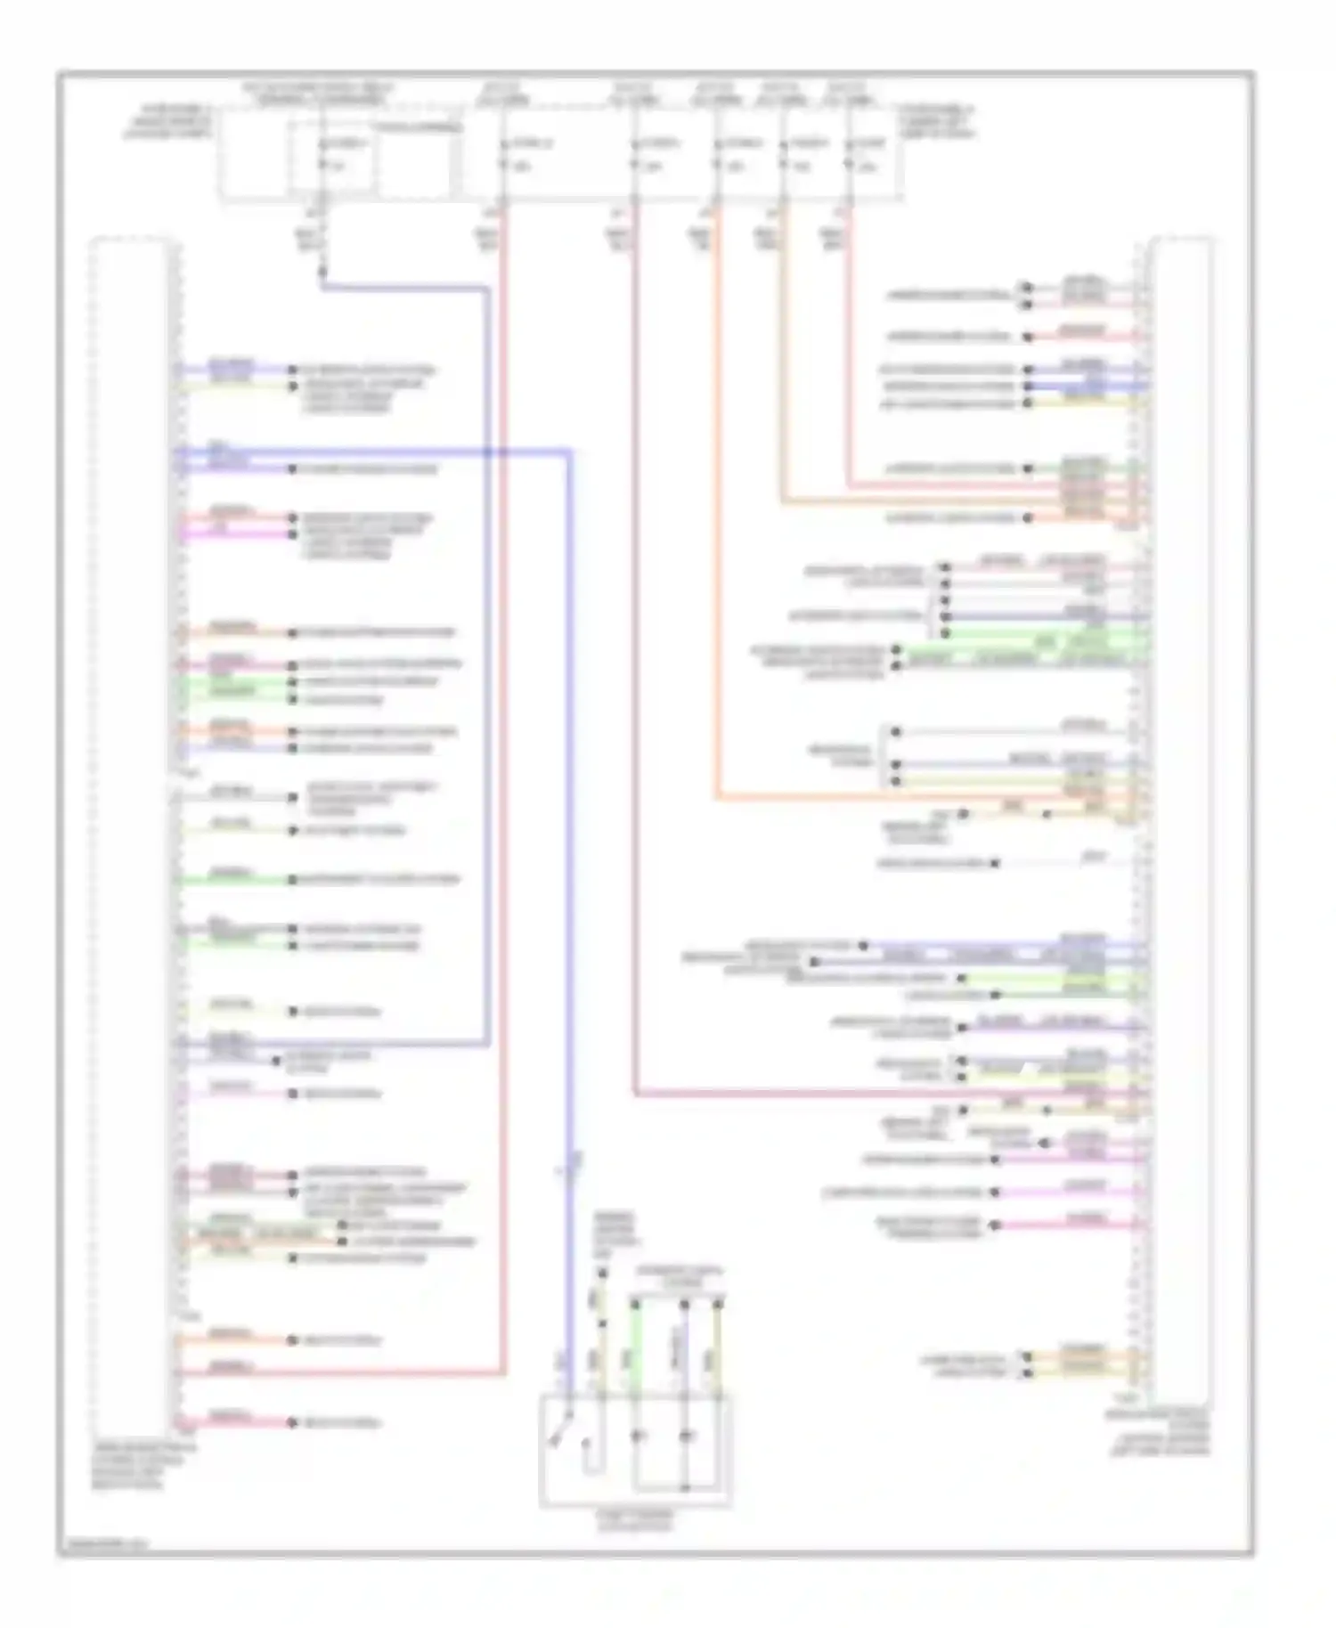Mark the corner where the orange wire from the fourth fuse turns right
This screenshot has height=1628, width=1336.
[x=717, y=798]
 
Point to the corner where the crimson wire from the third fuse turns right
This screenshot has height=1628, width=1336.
[x=635, y=1093]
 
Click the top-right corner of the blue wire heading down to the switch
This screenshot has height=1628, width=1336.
[x=569, y=452]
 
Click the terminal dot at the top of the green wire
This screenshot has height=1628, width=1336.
[x=635, y=1304]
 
